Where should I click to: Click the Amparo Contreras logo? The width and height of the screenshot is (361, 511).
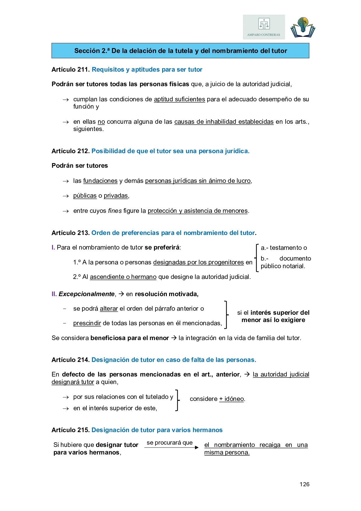[x=264, y=27]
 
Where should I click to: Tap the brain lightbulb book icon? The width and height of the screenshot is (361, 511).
[x=303, y=27]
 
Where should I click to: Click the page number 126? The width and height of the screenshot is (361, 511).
[x=304, y=484]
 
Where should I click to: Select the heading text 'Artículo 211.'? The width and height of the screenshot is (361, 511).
[x=70, y=70]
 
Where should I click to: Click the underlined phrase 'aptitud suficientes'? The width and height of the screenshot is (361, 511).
[x=179, y=99]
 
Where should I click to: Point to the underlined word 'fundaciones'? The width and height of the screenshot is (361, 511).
[x=100, y=181]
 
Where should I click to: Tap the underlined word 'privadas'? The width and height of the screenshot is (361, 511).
[x=116, y=196]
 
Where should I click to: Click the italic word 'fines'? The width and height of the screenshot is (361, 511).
[x=115, y=211]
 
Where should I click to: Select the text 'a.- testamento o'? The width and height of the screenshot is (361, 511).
[x=284, y=248]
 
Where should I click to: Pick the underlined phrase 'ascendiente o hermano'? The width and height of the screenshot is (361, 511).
[x=123, y=277]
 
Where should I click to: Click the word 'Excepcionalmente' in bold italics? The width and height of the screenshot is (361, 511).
[x=86, y=294]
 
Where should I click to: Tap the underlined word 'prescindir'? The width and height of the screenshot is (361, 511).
[x=87, y=323]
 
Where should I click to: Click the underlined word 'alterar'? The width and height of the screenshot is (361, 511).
[x=109, y=309]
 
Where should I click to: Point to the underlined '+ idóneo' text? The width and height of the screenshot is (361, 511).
[x=231, y=399]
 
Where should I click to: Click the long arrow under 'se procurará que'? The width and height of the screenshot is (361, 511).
[x=171, y=448]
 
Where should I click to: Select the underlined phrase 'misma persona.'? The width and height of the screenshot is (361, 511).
[x=227, y=452]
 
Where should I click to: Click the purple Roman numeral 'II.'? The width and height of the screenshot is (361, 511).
[x=54, y=294]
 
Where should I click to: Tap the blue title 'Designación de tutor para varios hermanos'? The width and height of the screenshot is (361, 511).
[x=157, y=430]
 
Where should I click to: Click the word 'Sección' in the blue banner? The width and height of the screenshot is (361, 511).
[x=87, y=51]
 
